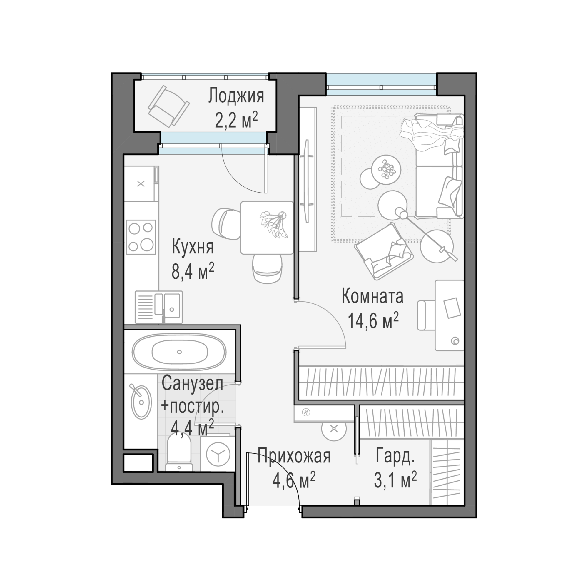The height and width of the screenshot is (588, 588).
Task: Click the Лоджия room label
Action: click(x=236, y=96)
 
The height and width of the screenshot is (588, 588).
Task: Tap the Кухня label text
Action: click(x=193, y=247)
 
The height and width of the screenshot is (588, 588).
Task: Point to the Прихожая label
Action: click(x=294, y=456)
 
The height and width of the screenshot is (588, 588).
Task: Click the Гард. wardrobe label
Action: click(x=395, y=456)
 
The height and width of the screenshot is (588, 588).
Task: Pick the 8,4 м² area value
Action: click(x=193, y=271)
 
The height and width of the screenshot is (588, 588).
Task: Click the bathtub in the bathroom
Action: click(x=179, y=352)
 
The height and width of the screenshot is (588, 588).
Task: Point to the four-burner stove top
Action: click(x=141, y=237)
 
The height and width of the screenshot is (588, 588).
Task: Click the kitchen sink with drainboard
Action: click(x=159, y=307)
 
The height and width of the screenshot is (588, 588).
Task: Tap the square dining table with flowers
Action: click(x=267, y=227)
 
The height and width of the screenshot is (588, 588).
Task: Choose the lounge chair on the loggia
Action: click(x=168, y=106)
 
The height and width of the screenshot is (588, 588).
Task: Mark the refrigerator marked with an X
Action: click(x=141, y=183)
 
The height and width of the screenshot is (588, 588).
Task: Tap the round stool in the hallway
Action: click(x=334, y=429)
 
